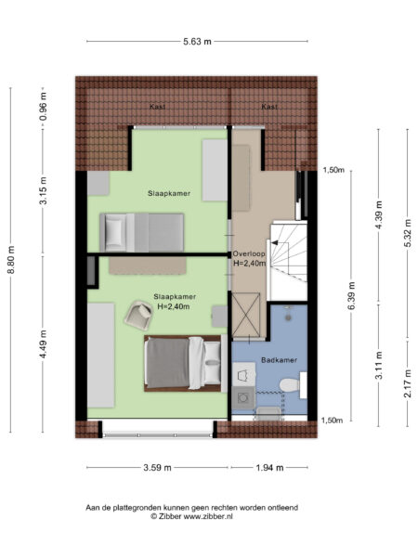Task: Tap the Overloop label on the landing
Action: click(249, 252)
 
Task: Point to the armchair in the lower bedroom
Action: click(137, 318)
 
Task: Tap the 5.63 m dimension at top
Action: click(195, 42)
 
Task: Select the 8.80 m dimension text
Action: click(11, 259)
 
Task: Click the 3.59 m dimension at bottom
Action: click(158, 468)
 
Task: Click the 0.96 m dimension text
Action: click(43, 106)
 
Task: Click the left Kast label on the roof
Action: click(158, 108)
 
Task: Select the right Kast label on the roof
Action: click(268, 108)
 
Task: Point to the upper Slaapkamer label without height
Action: click(169, 194)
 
